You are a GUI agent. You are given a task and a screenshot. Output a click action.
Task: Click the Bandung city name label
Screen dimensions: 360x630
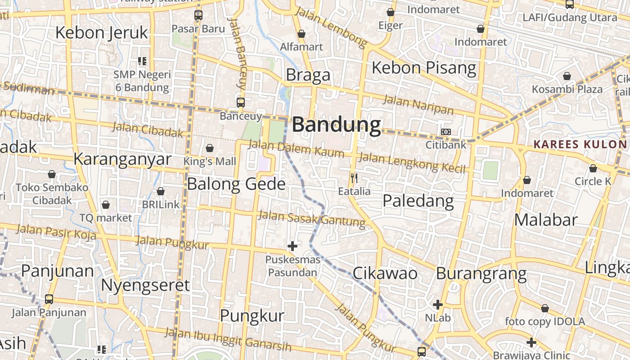click(x=336, y=125)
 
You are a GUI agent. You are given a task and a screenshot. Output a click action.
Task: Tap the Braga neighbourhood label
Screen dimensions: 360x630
click(x=308, y=75)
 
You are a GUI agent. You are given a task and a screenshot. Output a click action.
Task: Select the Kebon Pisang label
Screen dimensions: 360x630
click(x=423, y=68)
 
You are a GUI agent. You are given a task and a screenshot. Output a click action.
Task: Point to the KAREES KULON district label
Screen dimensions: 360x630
click(x=580, y=144)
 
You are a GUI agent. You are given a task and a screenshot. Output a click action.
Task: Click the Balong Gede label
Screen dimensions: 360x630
click(x=236, y=184)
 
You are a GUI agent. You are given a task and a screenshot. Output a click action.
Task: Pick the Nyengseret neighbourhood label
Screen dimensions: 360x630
click(x=145, y=285)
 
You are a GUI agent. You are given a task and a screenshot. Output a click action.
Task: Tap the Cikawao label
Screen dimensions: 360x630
click(x=385, y=273)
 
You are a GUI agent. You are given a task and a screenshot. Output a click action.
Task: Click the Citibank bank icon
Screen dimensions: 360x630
click(x=446, y=132)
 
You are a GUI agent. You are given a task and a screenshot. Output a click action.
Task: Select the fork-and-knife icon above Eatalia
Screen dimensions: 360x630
click(x=354, y=178)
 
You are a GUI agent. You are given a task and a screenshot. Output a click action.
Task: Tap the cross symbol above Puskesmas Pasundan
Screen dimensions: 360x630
click(x=292, y=246)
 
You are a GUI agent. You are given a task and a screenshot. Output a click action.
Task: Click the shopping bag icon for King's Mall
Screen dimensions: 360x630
click(x=210, y=148)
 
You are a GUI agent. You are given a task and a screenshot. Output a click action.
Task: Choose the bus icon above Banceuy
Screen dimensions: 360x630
click(x=241, y=102)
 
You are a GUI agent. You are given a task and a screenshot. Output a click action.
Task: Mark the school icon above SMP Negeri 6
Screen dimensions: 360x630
click(x=142, y=61)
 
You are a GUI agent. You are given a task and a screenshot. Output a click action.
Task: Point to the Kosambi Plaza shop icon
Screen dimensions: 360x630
click(x=567, y=76)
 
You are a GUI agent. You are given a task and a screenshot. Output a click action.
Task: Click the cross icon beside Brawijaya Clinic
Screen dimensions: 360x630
click(x=531, y=342)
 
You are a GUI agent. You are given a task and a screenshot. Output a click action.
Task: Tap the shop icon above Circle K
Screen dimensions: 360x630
click(x=593, y=169)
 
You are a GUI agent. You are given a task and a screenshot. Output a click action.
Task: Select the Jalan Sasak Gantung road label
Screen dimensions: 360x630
click(x=311, y=218)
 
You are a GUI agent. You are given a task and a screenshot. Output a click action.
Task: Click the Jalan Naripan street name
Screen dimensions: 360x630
click(x=418, y=105)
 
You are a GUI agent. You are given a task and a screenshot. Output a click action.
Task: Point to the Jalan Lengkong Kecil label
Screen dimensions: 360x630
click(x=411, y=162)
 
